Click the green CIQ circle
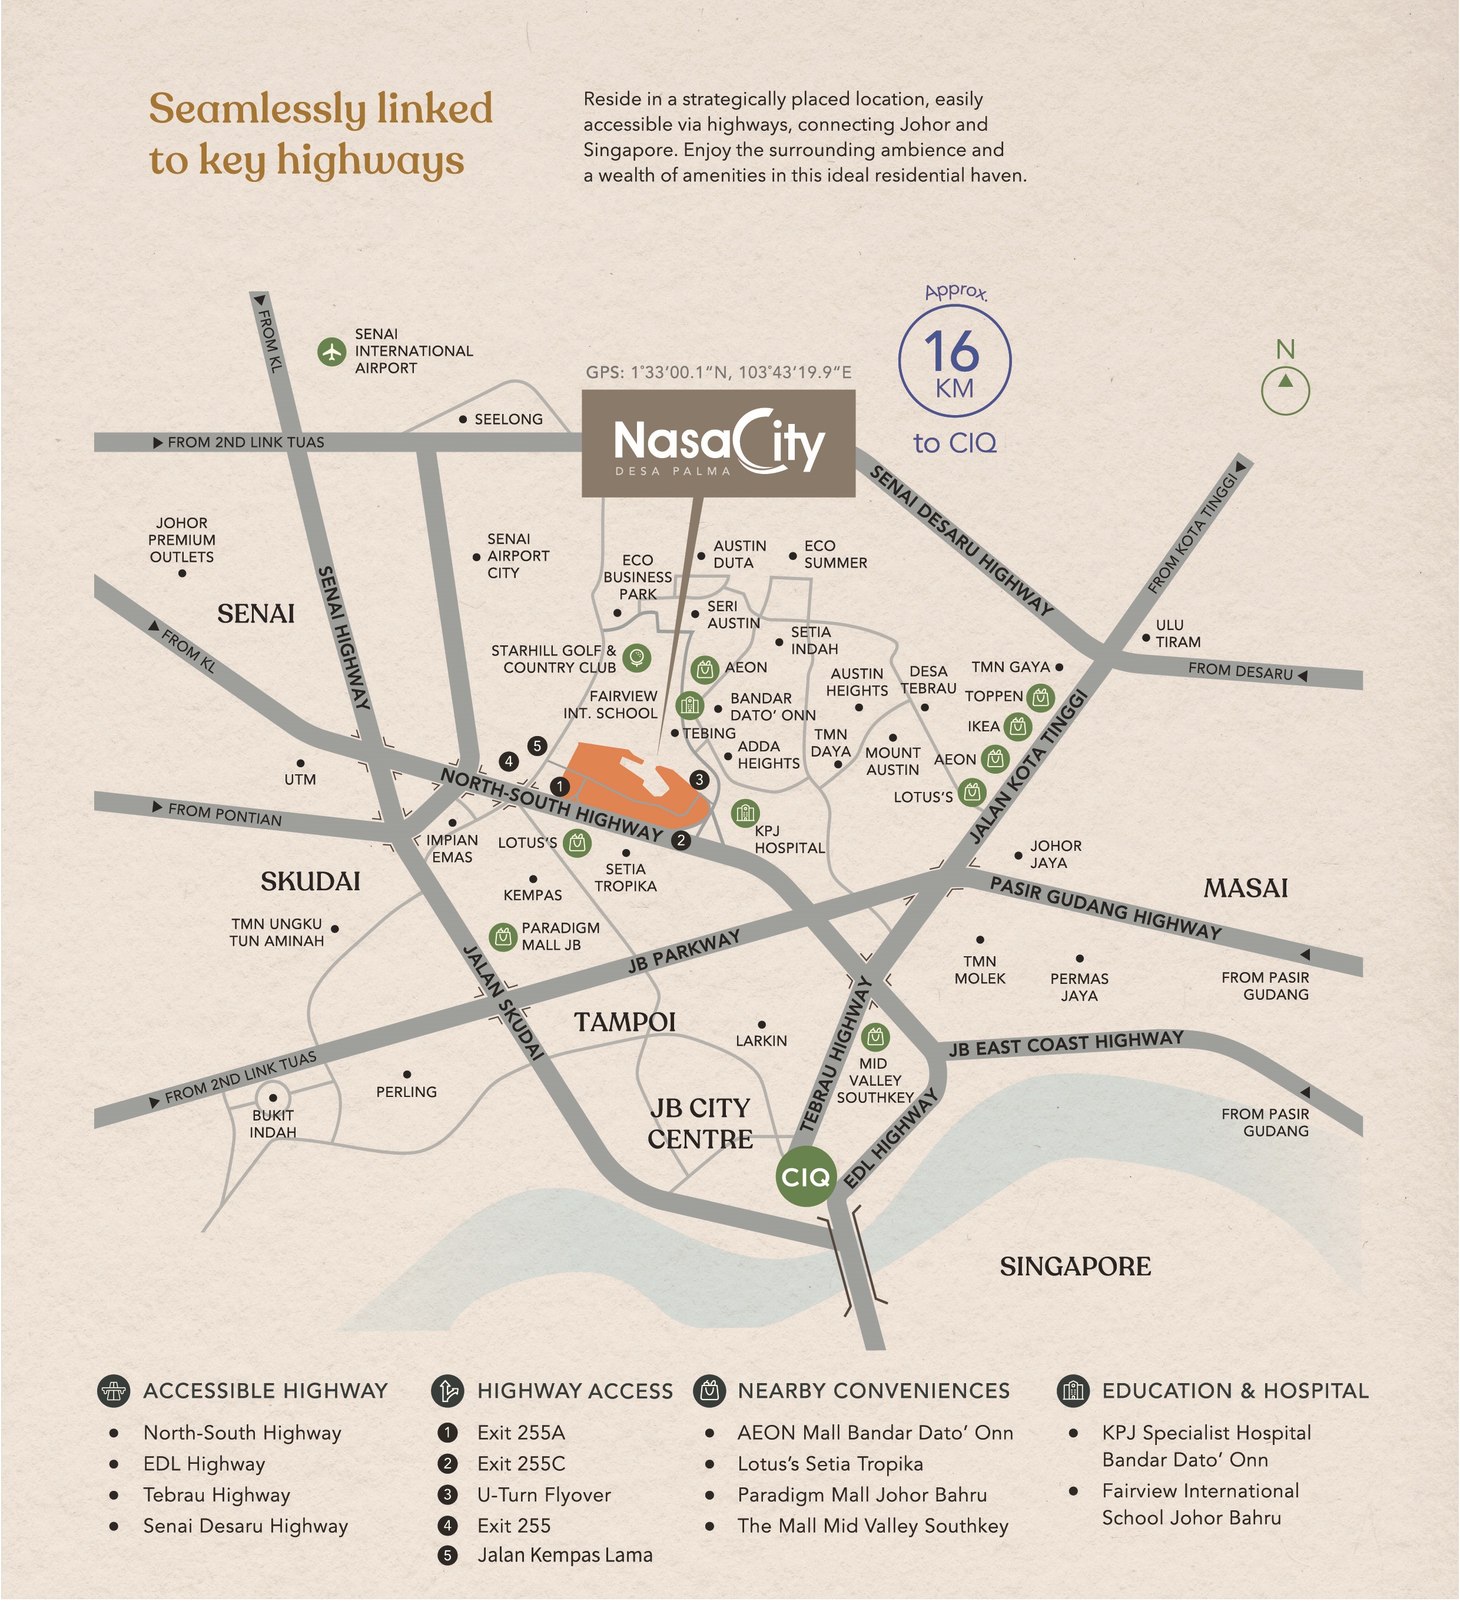805,1176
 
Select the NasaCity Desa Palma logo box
718,443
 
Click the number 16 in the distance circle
952,351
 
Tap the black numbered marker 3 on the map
699,779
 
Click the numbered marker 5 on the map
537,745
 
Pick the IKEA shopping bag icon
1017,726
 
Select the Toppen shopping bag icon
1040,697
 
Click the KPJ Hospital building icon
744,813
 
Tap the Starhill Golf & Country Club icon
637,658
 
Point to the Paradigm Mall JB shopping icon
503,937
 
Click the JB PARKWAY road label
683,952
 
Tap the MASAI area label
1245,888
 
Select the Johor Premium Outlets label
182,540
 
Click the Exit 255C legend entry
521,1464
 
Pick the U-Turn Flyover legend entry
544,1494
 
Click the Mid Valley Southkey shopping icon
875,1036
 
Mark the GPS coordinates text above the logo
718,373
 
